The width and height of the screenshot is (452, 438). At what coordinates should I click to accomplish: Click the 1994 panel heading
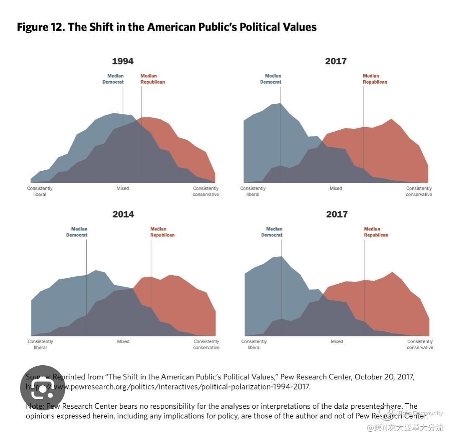tap(123, 61)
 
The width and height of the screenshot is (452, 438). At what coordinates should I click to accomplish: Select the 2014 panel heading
tap(123, 214)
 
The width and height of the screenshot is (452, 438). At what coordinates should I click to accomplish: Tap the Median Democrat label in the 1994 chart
tap(113, 79)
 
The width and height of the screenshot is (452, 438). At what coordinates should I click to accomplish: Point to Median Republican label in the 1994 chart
tap(152, 79)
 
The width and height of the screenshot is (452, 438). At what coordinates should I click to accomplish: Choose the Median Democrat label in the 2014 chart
tap(77, 232)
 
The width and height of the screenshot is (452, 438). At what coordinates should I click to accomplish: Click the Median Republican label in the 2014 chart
tap(162, 232)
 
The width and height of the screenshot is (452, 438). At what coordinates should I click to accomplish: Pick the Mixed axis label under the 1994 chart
tap(123, 188)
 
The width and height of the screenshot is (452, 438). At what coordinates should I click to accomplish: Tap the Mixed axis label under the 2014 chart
tap(123, 341)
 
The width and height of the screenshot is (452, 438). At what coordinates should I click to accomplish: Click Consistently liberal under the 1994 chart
tap(40, 191)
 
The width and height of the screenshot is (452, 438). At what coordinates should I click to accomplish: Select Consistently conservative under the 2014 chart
tap(206, 344)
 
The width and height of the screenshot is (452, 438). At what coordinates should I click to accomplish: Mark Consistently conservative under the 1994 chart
tap(206, 191)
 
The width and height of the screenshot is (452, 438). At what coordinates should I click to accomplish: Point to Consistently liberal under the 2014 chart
tap(40, 344)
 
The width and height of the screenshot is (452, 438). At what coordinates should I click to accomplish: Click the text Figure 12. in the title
tap(41, 27)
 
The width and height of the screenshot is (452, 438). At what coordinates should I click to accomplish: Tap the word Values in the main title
tap(298, 27)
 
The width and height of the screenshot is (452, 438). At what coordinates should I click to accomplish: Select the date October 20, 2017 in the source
tap(384, 377)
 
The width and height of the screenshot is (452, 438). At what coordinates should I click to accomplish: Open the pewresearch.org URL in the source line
tap(180, 387)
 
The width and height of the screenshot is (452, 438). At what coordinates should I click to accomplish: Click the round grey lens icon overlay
tap(42, 388)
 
